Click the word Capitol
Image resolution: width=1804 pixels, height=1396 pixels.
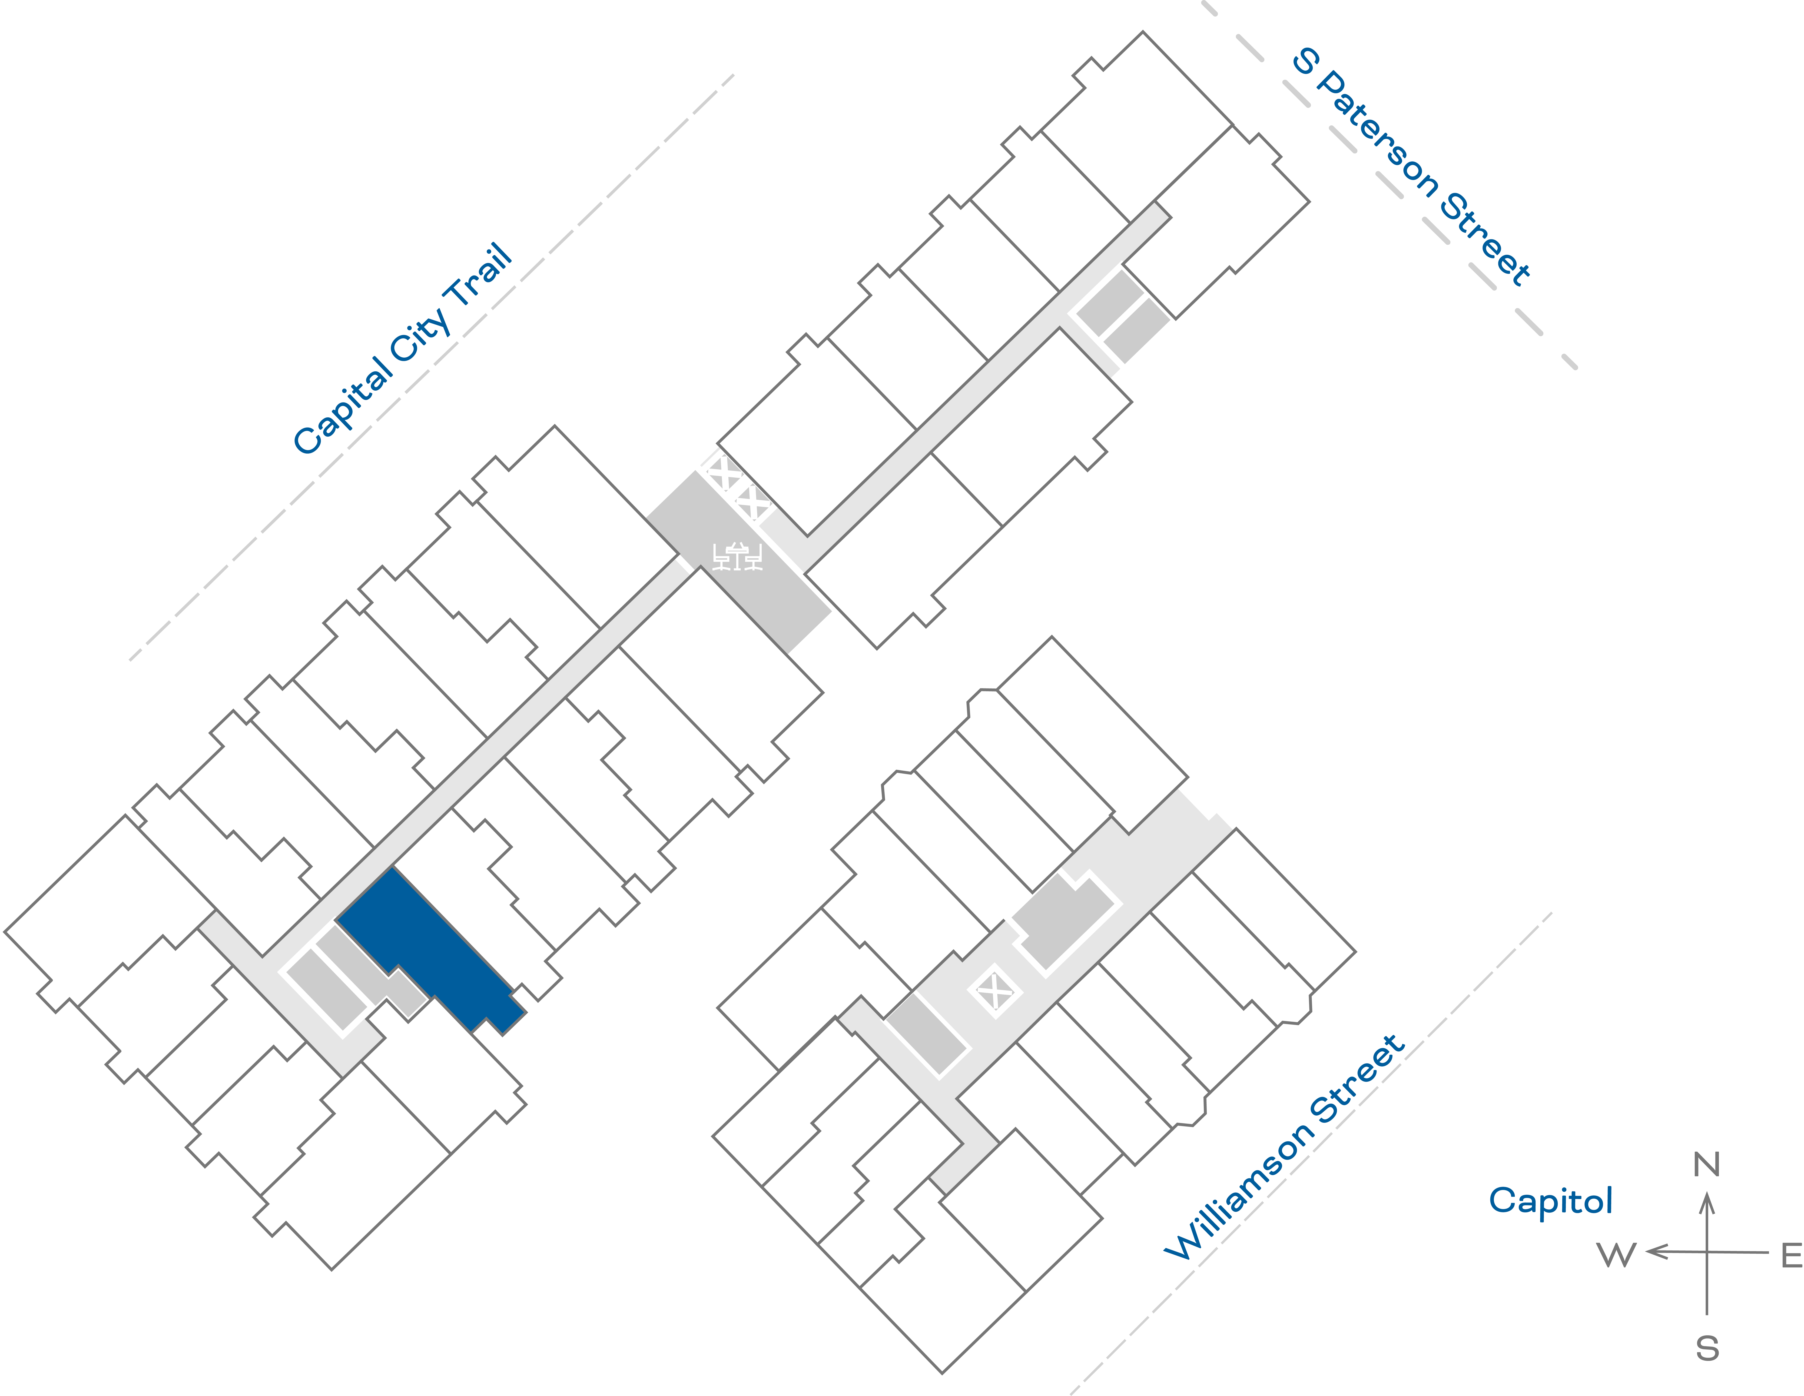[1550, 1200]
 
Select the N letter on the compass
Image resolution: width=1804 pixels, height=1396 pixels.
[1707, 1165]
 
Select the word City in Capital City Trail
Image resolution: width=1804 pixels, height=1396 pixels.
[421, 335]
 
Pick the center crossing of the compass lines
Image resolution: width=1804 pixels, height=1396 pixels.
[1707, 1252]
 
